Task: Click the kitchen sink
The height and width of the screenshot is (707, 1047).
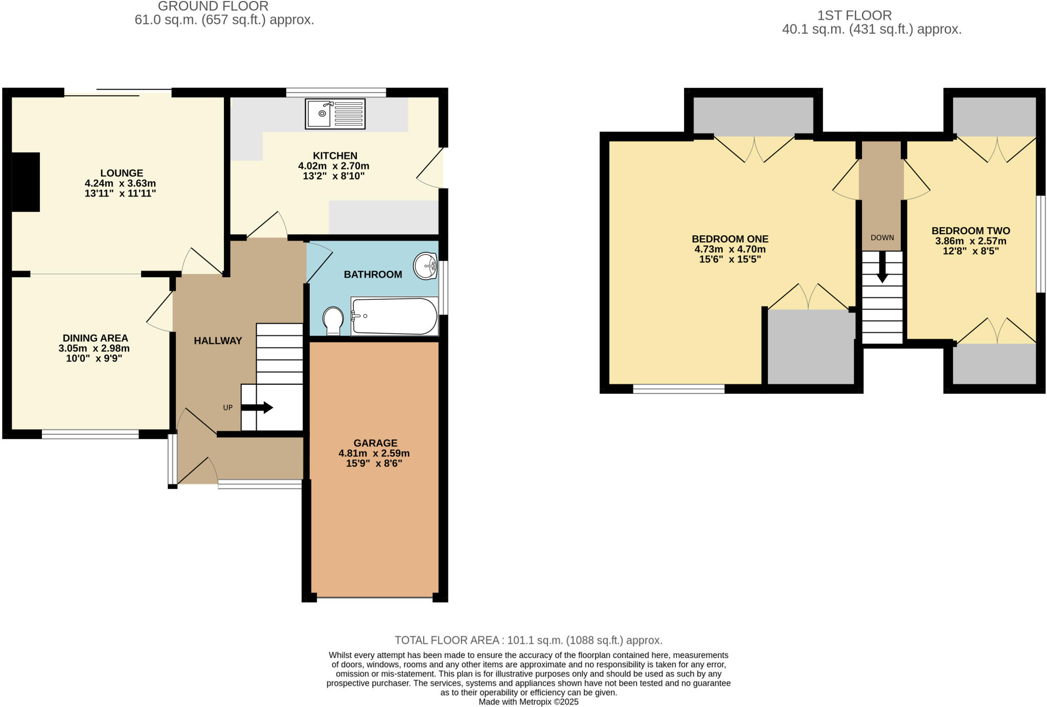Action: point(335,114)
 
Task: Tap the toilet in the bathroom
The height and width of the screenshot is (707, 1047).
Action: point(333,320)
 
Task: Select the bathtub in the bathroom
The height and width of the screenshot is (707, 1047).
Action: point(395,317)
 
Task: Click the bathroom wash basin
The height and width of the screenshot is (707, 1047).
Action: point(425,266)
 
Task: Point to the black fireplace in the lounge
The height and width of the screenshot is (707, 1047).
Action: point(26,182)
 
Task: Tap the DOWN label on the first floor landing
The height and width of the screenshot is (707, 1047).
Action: point(882,237)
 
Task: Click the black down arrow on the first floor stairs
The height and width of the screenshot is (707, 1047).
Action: point(882,268)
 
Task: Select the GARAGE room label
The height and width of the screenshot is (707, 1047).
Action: point(375,443)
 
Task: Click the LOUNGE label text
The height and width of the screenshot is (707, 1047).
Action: point(122,173)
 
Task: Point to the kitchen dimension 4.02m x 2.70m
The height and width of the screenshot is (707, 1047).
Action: point(333,166)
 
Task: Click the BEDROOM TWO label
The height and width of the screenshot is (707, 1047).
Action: point(970,231)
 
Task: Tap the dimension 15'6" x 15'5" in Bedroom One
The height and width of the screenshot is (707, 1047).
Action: point(730,259)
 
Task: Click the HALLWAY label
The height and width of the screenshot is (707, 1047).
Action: point(218,341)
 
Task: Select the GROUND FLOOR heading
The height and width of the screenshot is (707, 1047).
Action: point(213,7)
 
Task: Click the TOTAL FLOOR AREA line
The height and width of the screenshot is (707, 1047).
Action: point(528,640)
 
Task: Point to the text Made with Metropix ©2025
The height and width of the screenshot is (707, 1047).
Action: point(528,702)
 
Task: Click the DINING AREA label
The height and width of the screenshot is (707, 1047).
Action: point(95,338)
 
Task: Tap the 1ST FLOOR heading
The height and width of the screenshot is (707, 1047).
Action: point(854,15)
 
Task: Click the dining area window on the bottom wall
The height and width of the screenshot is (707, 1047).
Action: point(90,434)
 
